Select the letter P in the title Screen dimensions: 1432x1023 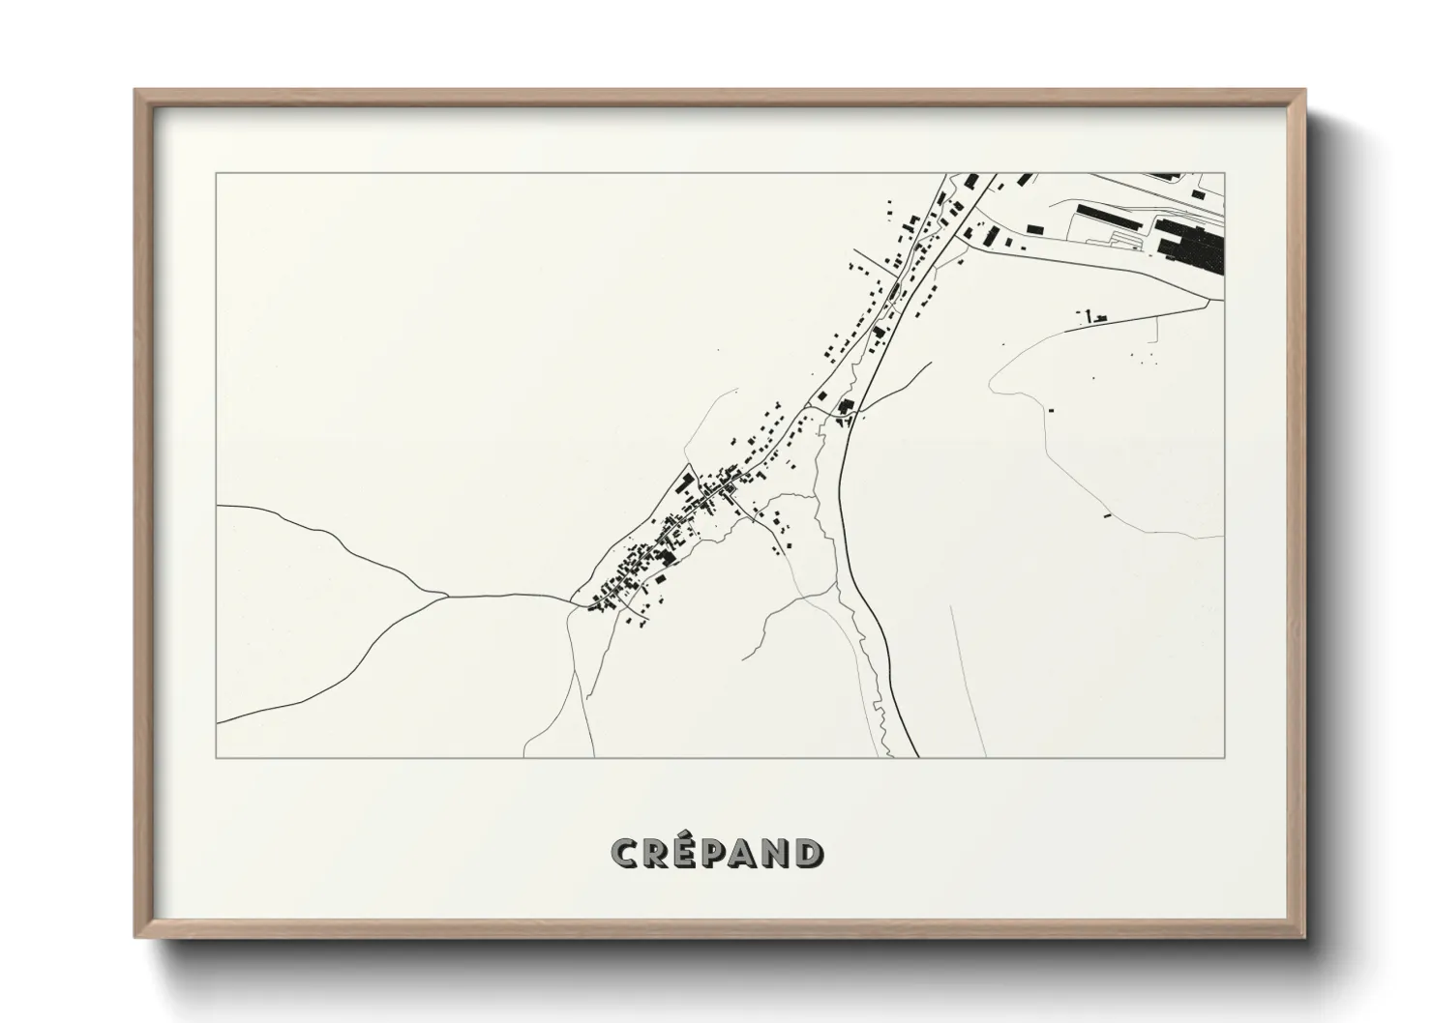[x=717, y=853]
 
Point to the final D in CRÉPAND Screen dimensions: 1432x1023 [x=808, y=853]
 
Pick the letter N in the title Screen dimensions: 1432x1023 [x=776, y=853]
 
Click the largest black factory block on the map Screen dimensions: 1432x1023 [x=1192, y=245]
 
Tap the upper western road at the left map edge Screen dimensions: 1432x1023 [x=220, y=506]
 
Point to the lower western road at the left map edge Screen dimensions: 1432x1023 [x=220, y=721]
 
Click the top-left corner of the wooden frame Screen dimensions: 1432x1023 [x=136, y=92]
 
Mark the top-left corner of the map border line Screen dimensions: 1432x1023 [x=217, y=174]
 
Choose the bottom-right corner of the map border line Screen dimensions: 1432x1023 [x=1224, y=757]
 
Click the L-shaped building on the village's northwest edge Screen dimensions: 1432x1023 [x=685, y=481]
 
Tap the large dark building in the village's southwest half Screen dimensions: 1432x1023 [x=665, y=557]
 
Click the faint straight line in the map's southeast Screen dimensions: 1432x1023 [x=968, y=677]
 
